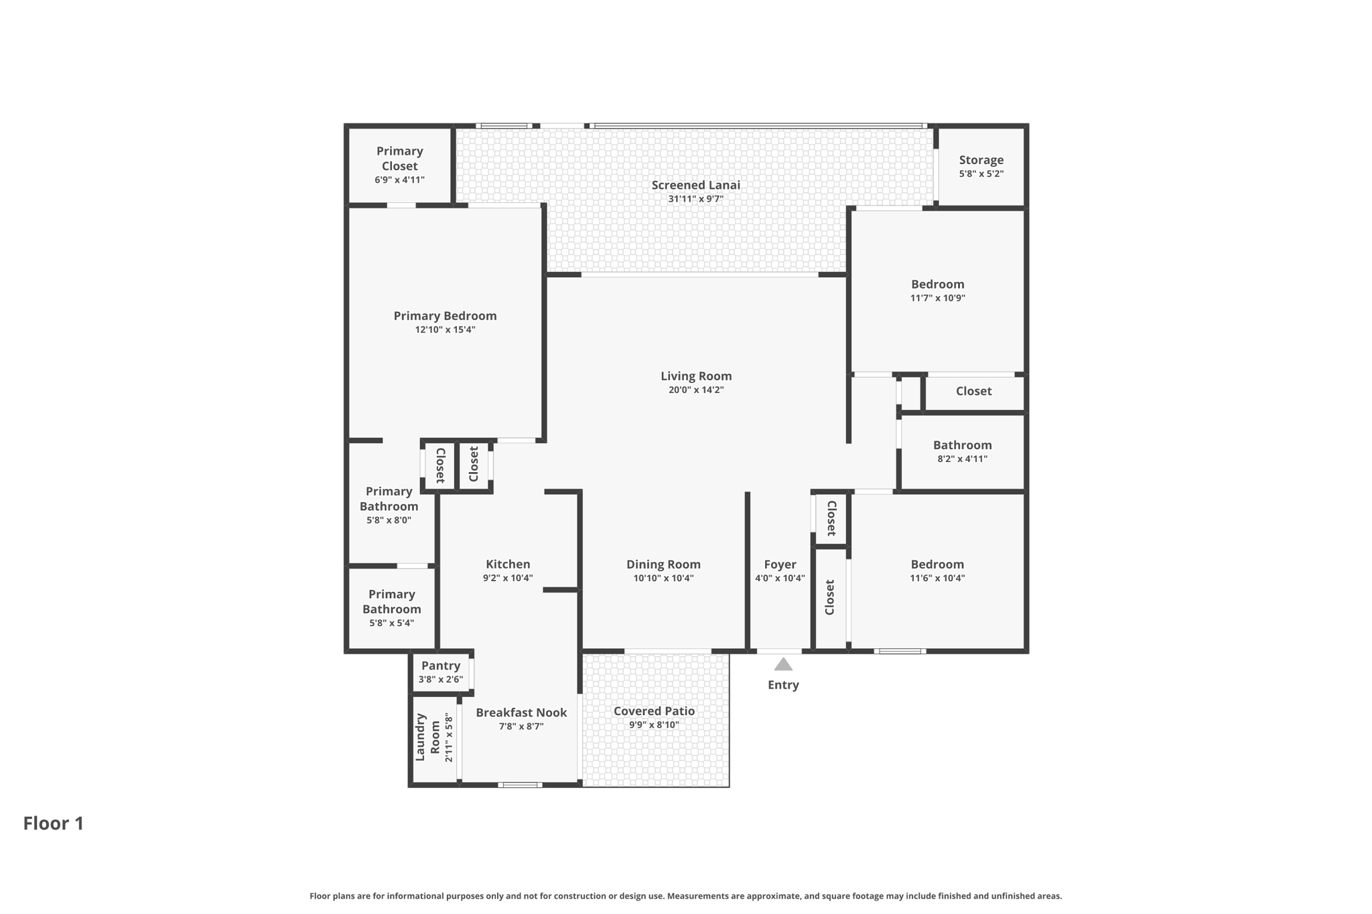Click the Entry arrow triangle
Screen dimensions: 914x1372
tap(783, 664)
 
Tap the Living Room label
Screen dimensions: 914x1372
tap(696, 376)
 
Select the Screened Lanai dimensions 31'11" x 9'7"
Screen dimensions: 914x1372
tap(695, 199)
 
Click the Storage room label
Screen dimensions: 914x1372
tap(981, 160)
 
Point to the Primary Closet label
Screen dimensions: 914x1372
tap(399, 159)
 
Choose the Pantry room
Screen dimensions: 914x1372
tap(440, 672)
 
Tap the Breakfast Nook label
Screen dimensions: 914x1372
tap(521, 712)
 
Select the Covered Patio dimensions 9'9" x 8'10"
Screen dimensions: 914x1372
tap(654, 725)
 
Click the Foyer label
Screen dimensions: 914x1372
tap(780, 564)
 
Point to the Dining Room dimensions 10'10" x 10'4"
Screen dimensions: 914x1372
tap(663, 579)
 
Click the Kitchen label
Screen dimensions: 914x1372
tap(508, 564)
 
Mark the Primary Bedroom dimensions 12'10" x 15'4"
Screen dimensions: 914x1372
tap(445, 330)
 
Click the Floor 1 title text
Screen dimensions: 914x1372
tap(54, 824)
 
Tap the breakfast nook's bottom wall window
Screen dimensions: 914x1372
tap(520, 784)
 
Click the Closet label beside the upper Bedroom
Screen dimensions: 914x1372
tap(973, 391)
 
